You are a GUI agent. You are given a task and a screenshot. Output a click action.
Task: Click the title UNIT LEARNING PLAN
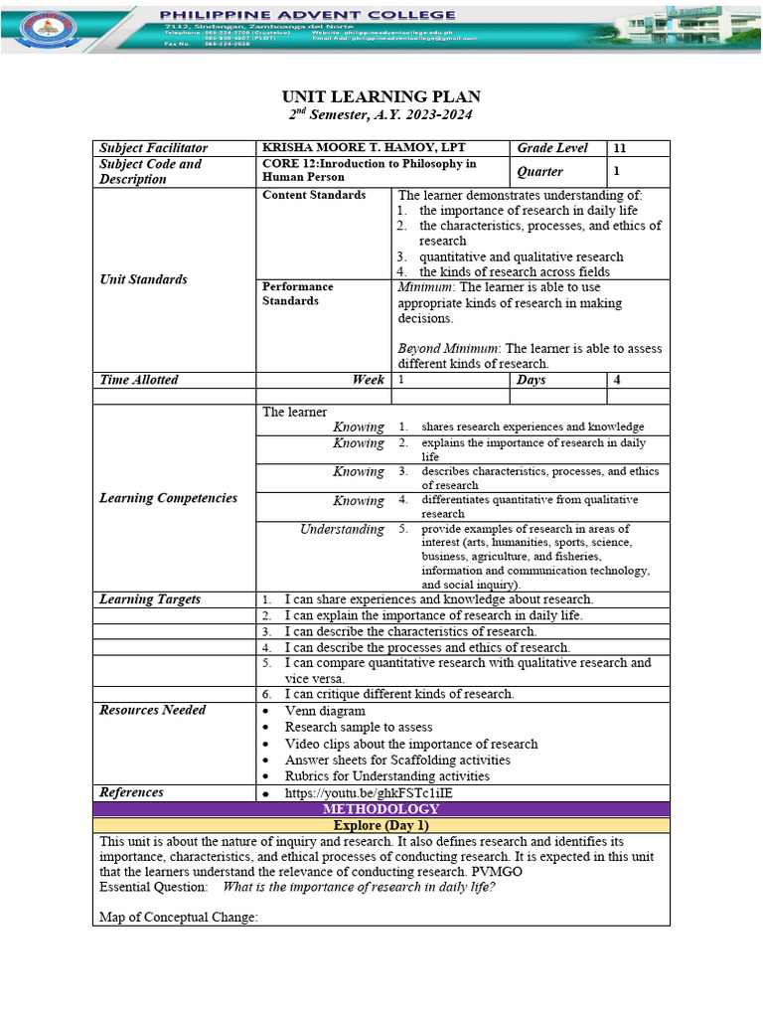381,96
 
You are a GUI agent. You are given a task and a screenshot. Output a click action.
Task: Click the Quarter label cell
539,171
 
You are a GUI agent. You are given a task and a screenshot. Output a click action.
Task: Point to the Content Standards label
313,195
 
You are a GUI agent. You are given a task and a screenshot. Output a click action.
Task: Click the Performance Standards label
297,293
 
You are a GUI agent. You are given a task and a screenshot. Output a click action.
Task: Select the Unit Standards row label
143,279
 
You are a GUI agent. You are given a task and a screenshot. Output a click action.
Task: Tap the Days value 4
617,380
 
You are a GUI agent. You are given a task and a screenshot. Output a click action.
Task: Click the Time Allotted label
139,380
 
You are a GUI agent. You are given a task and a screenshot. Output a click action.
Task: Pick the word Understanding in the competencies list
342,530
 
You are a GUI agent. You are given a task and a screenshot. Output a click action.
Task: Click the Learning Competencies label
168,498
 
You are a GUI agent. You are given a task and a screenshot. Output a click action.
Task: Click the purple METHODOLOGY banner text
381,810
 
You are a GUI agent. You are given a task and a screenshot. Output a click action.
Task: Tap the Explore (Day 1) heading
381,826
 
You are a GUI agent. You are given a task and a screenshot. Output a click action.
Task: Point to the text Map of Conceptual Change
178,917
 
